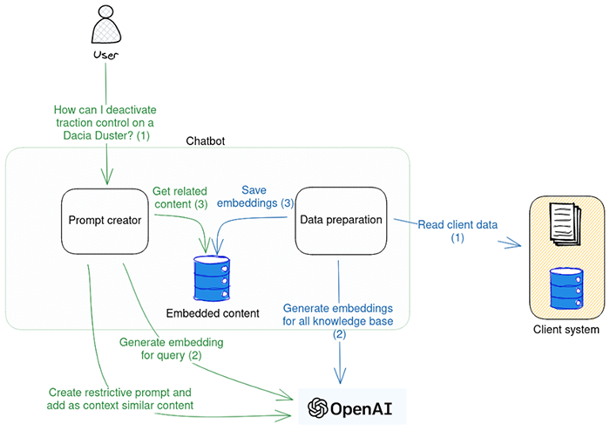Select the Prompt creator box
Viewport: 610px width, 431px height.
(105, 219)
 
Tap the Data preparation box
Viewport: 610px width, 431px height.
(341, 220)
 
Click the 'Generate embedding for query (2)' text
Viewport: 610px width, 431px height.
(170, 349)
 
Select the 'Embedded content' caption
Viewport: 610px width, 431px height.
(213, 312)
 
